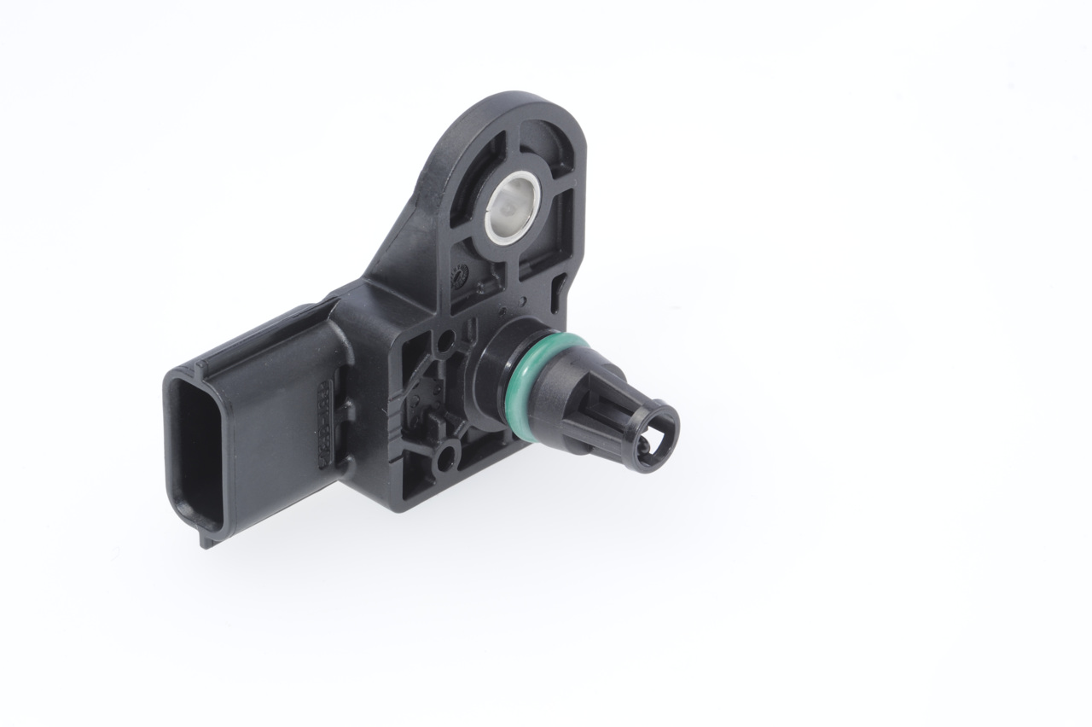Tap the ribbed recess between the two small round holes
431,401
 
